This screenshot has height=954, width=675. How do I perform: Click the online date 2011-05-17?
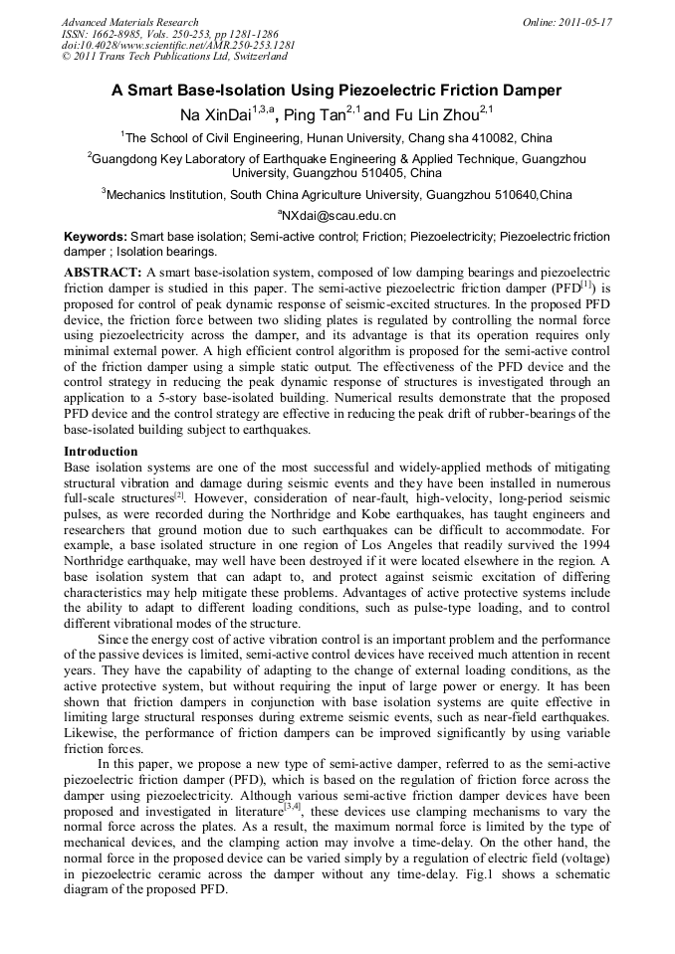click(581, 22)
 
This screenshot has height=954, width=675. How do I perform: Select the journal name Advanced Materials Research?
click(130, 22)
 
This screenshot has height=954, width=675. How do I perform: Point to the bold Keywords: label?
click(96, 238)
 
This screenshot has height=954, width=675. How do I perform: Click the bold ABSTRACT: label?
click(103, 272)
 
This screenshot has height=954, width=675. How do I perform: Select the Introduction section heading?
click(101, 452)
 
